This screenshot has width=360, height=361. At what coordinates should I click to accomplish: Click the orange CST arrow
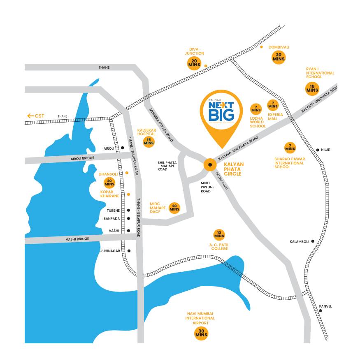click(30, 116)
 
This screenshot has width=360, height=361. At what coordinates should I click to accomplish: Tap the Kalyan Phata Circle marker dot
click(210, 165)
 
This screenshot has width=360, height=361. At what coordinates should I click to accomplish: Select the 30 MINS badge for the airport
click(201, 333)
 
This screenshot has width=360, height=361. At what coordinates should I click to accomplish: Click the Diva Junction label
click(194, 51)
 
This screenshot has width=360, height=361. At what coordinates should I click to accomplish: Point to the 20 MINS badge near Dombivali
click(279, 57)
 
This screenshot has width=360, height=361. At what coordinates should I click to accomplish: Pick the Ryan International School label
click(320, 73)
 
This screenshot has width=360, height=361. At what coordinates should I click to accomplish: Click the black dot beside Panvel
click(321, 310)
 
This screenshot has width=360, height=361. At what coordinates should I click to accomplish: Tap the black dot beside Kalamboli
click(313, 241)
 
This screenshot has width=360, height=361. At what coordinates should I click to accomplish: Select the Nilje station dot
click(317, 150)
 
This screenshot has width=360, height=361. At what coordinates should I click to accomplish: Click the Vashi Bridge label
click(77, 239)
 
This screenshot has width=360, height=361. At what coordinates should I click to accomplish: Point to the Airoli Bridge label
click(82, 158)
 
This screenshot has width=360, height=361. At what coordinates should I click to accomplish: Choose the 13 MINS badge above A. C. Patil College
click(219, 235)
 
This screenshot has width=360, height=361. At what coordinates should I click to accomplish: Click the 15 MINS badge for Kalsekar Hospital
click(149, 142)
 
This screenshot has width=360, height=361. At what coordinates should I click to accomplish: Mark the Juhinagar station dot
click(129, 250)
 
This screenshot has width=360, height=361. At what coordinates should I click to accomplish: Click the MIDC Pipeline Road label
click(208, 187)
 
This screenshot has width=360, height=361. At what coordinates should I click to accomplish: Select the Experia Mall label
click(275, 117)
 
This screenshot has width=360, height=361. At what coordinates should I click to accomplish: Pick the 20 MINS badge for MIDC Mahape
click(174, 208)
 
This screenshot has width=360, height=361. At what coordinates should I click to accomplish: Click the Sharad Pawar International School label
click(289, 163)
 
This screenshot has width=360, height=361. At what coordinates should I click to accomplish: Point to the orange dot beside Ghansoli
click(127, 173)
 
